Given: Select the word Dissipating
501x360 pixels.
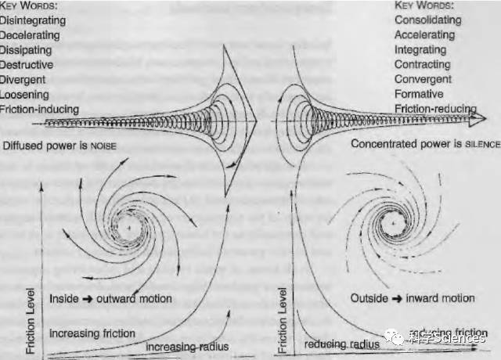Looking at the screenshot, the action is click(x=26, y=50).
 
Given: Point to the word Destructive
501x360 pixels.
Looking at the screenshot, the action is click(x=27, y=65).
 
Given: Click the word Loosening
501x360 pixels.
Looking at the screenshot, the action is click(x=25, y=95).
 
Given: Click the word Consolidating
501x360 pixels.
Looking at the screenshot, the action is click(x=427, y=20).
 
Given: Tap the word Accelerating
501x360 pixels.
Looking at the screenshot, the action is click(x=424, y=35).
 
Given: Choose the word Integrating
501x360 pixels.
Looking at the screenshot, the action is click(x=421, y=50).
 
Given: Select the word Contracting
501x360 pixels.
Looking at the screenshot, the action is click(x=422, y=65).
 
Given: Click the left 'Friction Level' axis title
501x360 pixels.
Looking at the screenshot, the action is click(x=31, y=322).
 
